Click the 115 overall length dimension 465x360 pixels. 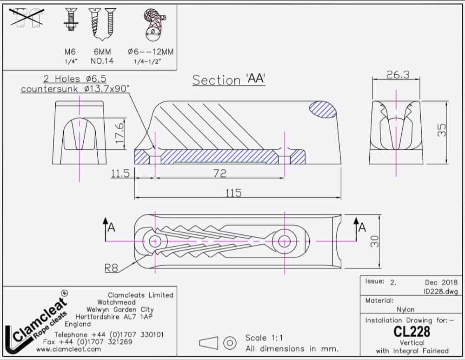pos(236,193)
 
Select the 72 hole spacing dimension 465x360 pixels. pos(219,173)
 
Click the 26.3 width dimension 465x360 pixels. pos(397,74)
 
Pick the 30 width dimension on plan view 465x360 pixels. pos(375,241)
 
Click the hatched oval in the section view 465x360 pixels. pos(323,109)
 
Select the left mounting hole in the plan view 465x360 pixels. pos(155,241)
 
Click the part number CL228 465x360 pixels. pos(412,331)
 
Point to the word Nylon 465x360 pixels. pos(405,309)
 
